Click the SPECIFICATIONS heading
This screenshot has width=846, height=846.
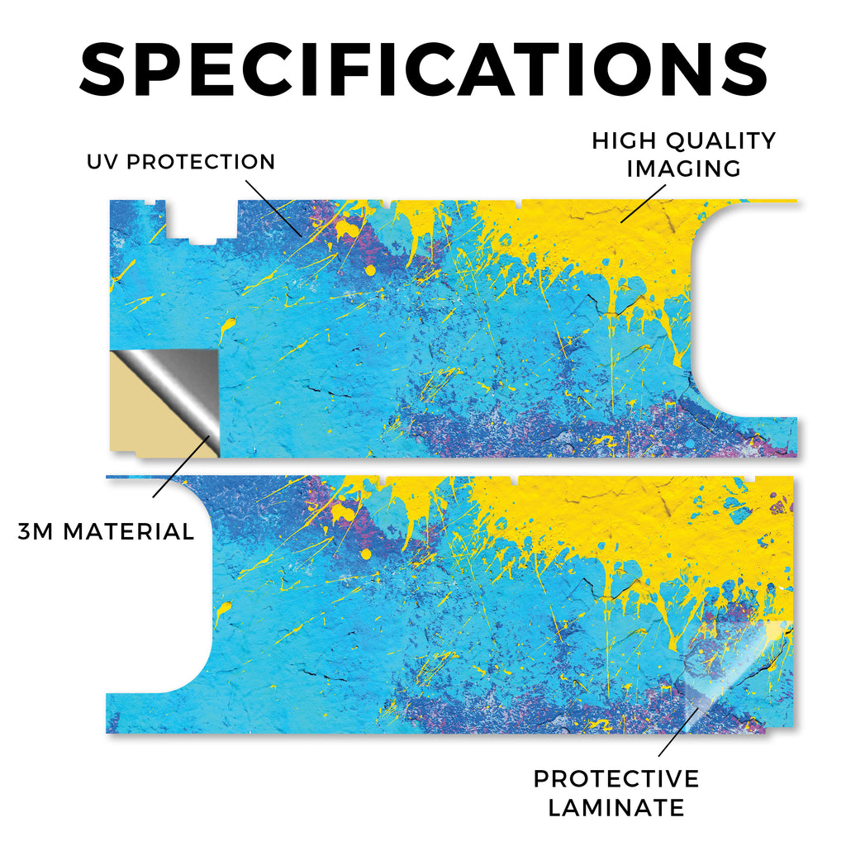point(424,69)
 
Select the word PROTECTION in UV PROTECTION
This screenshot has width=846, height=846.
point(201,161)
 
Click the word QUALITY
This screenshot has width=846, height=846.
point(720,140)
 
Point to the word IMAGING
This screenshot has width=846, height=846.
point(683,169)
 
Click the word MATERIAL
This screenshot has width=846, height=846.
point(128,531)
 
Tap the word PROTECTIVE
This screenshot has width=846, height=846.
point(616,778)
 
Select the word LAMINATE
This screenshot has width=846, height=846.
point(616,808)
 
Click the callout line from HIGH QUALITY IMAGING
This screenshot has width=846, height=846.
point(643,203)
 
